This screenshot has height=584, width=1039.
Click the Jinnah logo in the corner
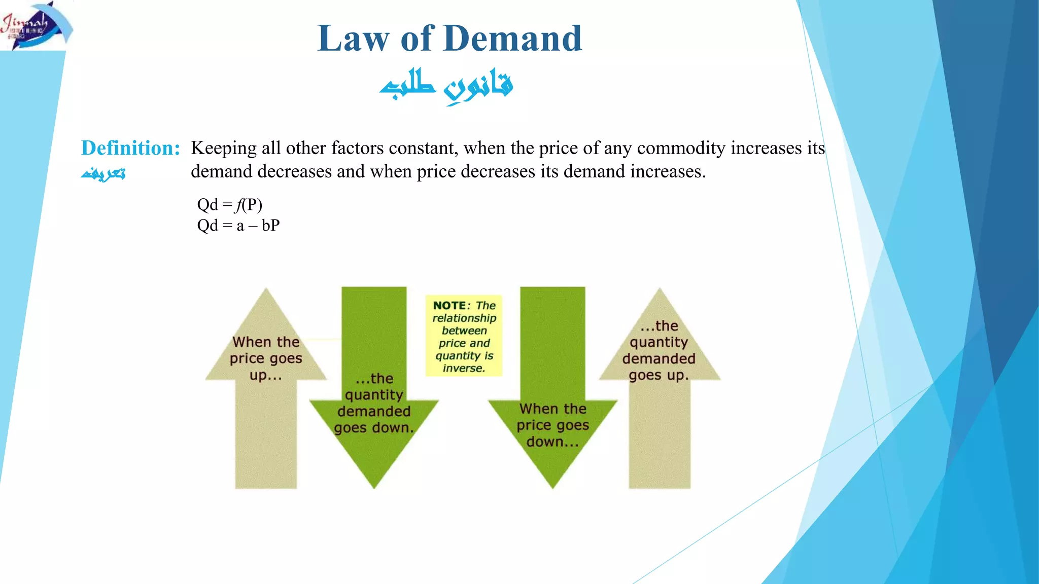[36, 25]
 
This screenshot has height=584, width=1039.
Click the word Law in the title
[354, 39]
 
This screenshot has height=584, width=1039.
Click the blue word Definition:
[130, 148]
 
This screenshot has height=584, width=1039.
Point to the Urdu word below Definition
[103, 173]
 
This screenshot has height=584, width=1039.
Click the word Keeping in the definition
[224, 148]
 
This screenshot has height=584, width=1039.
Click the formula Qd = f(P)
[230, 205]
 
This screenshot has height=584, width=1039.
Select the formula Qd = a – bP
[238, 225]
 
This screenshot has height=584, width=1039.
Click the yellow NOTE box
[464, 336]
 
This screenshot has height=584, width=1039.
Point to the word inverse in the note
[464, 369]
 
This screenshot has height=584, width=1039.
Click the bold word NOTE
[449, 306]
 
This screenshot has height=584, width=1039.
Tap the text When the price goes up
[266, 358]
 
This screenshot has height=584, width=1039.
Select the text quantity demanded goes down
[374, 403]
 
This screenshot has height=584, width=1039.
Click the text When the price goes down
[552, 425]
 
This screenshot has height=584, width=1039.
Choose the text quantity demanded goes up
[659, 350]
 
